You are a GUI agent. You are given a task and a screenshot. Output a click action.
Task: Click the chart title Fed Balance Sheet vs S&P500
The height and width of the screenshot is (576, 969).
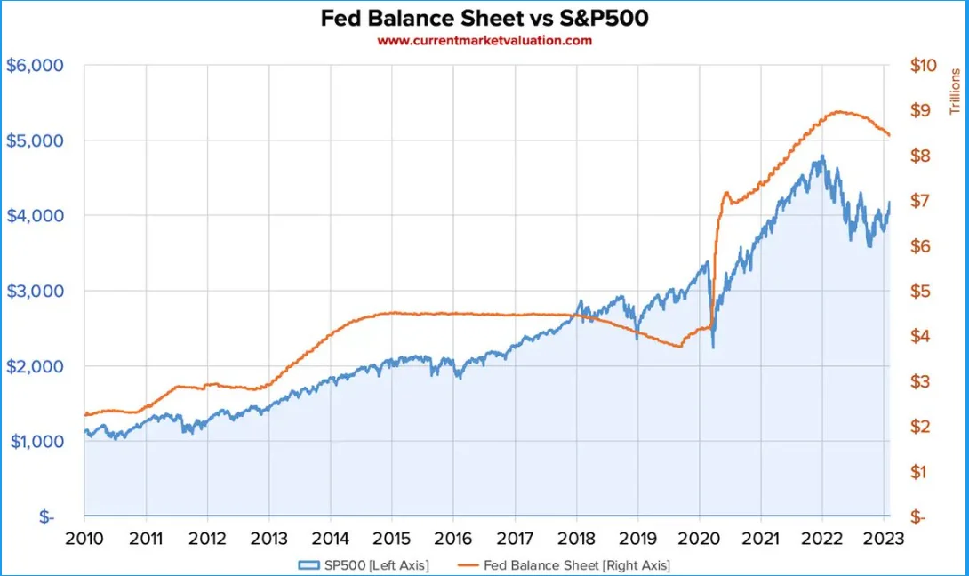pyautogui.click(x=484, y=19)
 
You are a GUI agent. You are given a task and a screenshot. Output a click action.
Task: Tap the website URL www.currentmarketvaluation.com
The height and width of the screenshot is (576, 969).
pyautogui.click(x=484, y=40)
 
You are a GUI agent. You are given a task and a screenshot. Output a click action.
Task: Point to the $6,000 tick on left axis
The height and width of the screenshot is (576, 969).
pyautogui.click(x=35, y=66)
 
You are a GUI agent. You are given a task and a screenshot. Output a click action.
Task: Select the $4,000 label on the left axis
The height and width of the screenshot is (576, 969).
pyautogui.click(x=35, y=216)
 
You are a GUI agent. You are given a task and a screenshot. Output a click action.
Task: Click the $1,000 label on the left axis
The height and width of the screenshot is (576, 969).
pyautogui.click(x=35, y=442)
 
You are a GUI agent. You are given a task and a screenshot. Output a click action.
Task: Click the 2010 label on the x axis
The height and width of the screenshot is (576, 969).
pyautogui.click(x=84, y=539)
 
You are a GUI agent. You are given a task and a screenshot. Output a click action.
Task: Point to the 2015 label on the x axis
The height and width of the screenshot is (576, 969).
pyautogui.click(x=391, y=539)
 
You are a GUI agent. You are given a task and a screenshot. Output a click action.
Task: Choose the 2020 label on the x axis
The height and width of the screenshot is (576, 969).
pyautogui.click(x=699, y=539)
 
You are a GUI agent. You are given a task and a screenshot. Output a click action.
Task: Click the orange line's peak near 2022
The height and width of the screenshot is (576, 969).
pyautogui.click(x=838, y=112)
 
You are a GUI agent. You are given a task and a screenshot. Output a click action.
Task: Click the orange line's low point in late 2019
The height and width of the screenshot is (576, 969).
pyautogui.click(x=678, y=346)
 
